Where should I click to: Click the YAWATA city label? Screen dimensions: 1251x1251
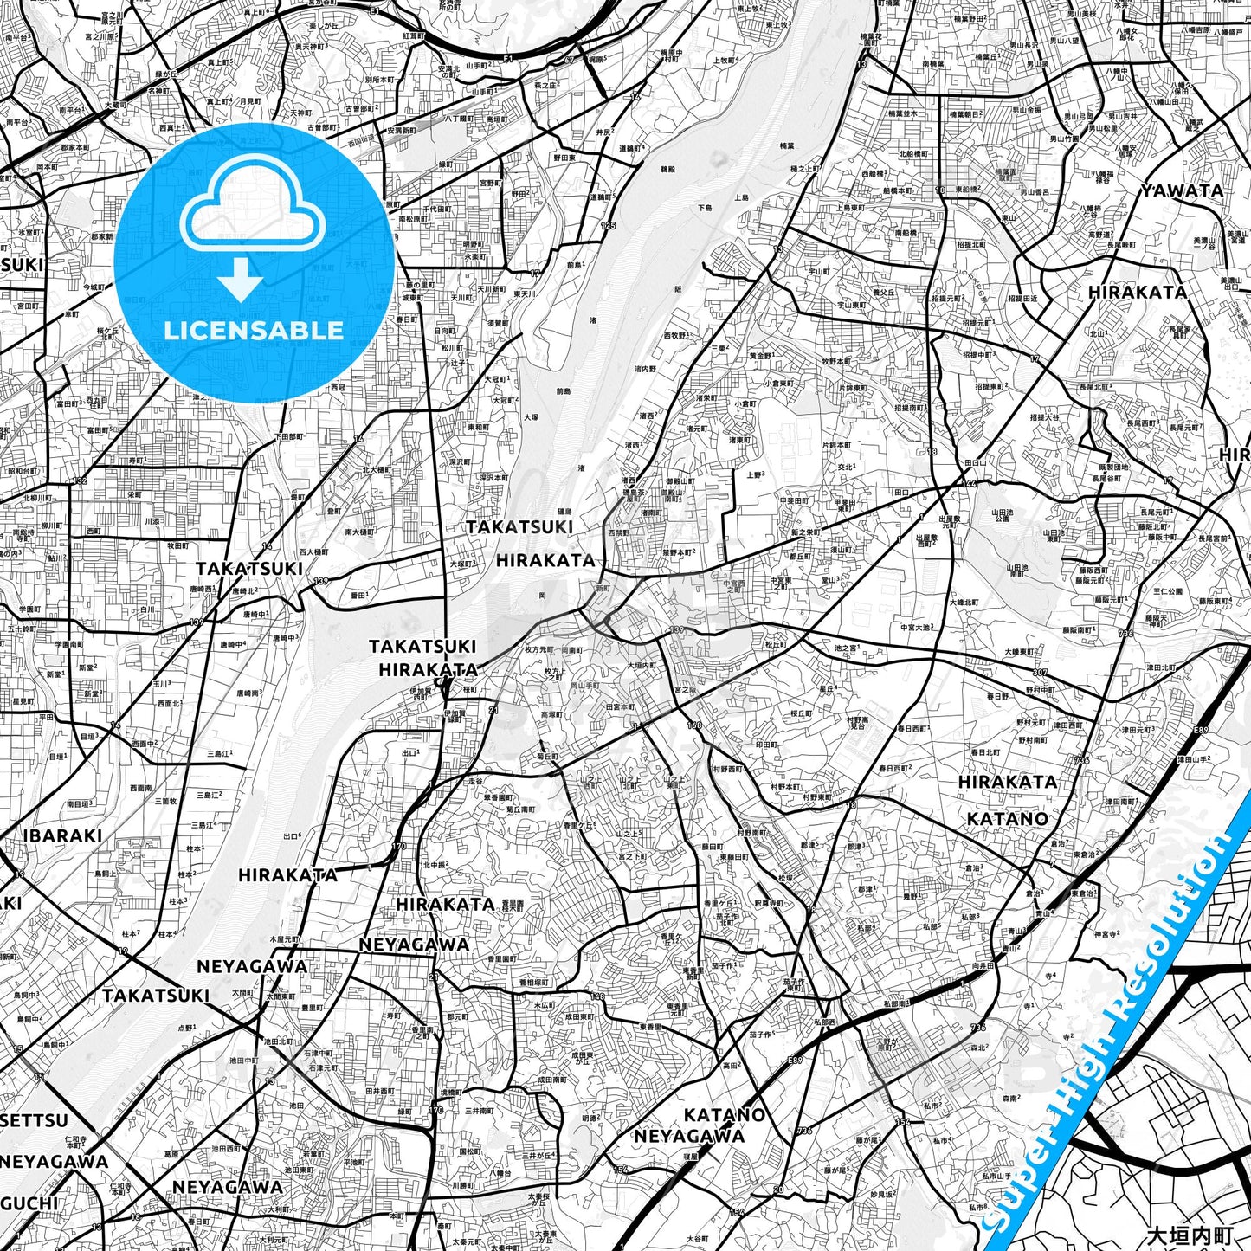click(x=1182, y=191)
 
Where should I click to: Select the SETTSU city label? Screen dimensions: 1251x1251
click(x=35, y=1120)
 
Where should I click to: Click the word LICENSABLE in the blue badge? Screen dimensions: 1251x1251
click(x=253, y=330)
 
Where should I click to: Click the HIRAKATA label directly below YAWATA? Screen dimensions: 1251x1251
click(x=1138, y=292)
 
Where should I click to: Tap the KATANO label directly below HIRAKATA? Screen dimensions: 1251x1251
click(x=1007, y=818)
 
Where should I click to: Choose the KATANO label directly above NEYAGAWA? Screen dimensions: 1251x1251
click(x=724, y=1114)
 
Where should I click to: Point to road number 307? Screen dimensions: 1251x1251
click(x=1039, y=673)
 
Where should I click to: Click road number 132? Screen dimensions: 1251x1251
click(x=80, y=480)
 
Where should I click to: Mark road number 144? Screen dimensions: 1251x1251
click(x=969, y=483)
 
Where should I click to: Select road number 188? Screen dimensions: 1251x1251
click(x=693, y=725)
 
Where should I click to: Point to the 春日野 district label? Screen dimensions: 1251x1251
click(x=996, y=695)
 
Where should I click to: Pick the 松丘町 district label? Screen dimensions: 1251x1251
click(x=775, y=644)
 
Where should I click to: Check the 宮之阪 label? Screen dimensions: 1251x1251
click(x=685, y=689)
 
